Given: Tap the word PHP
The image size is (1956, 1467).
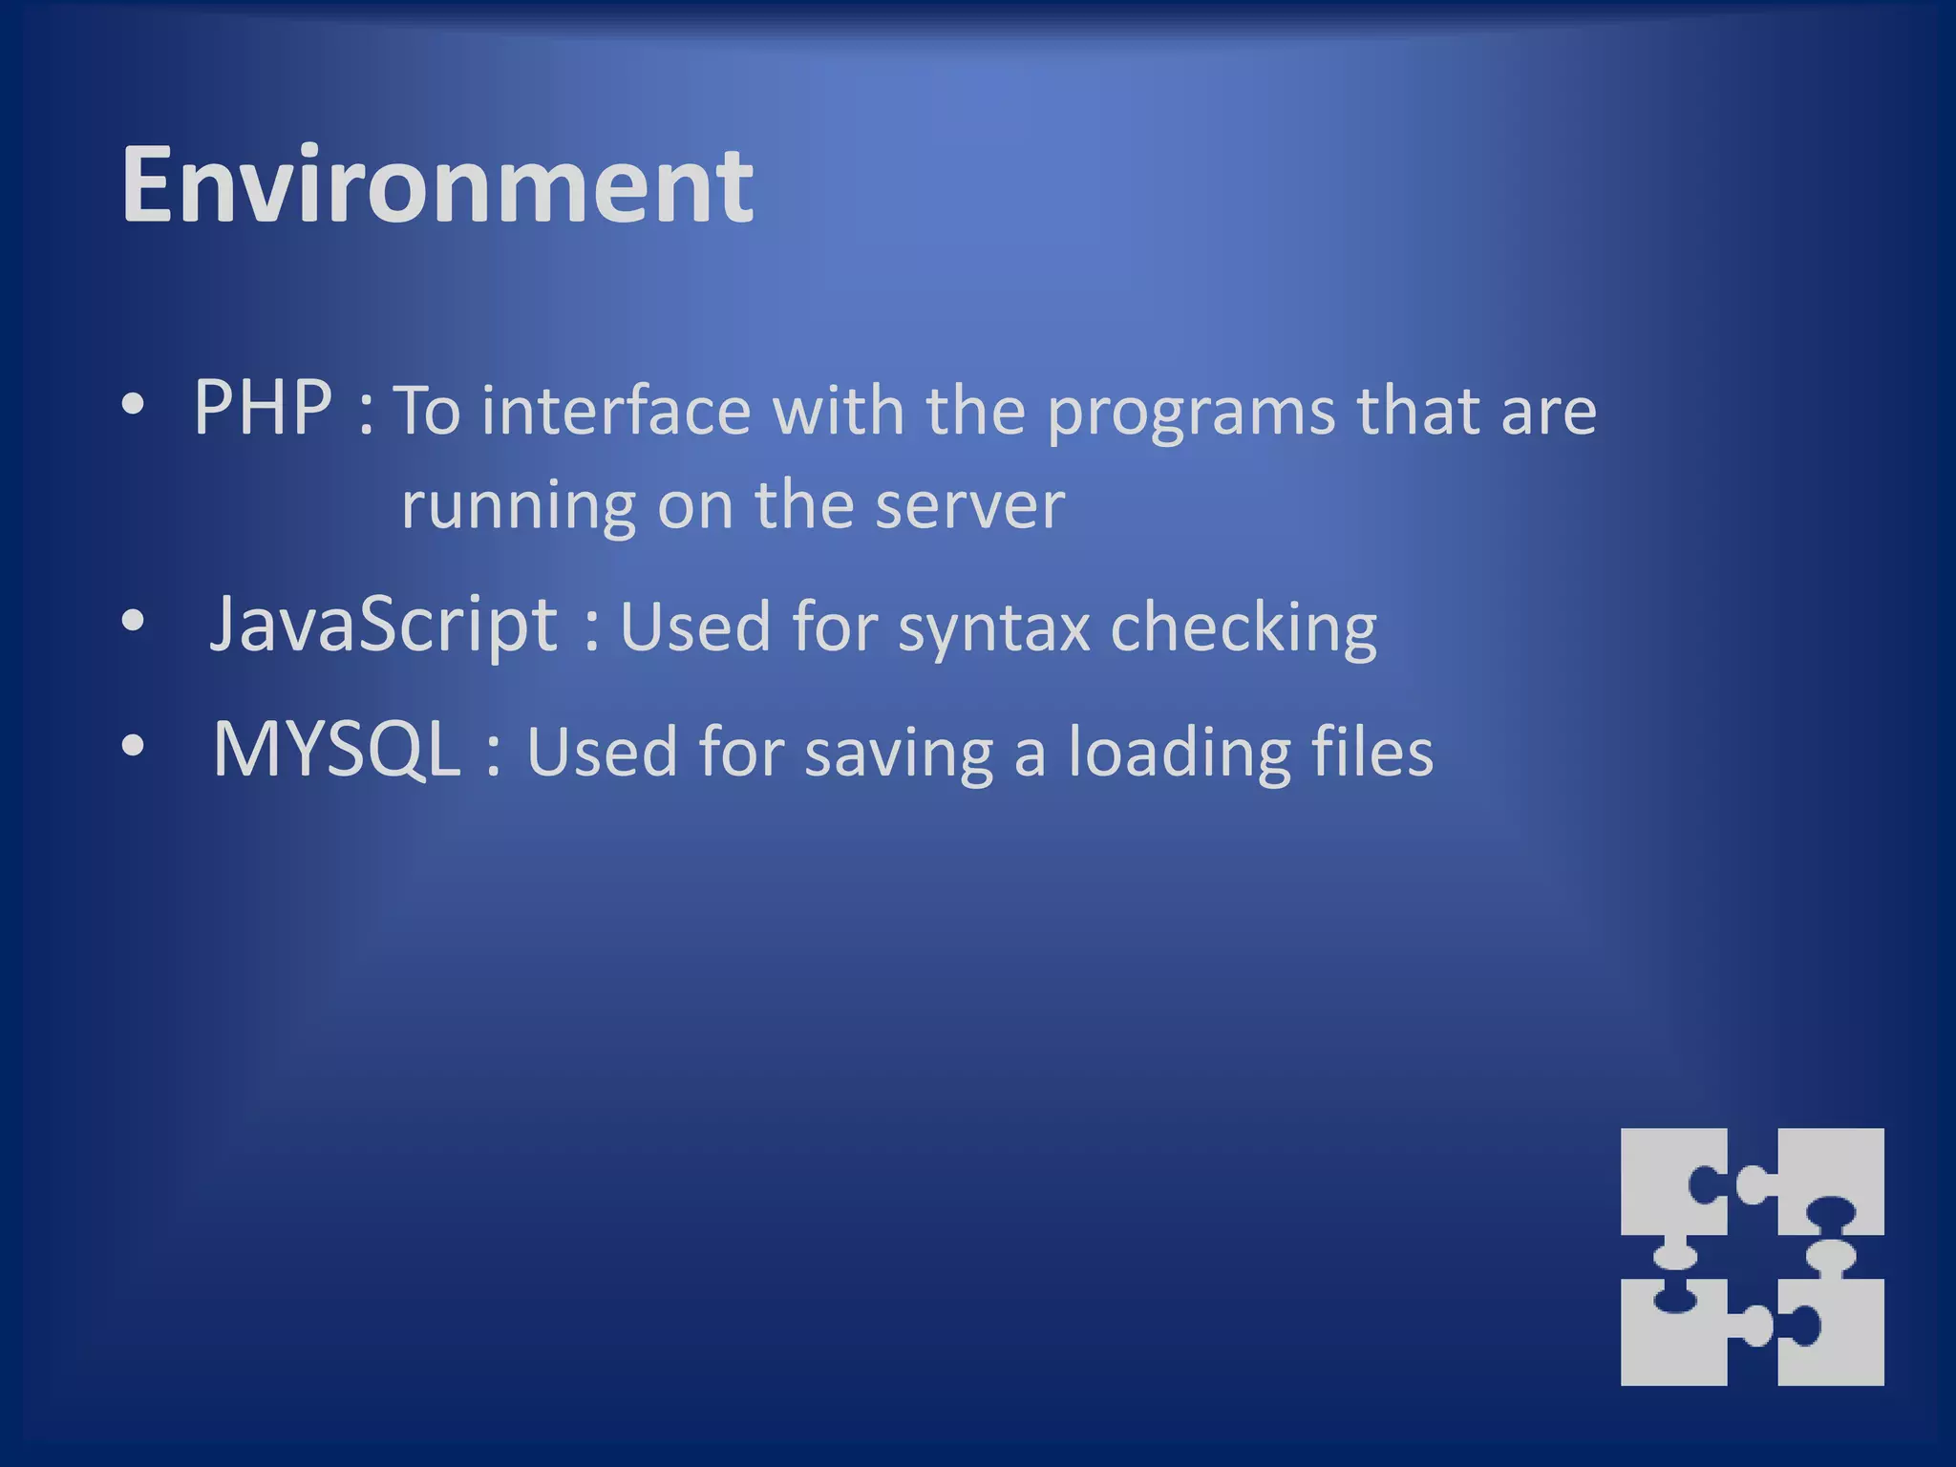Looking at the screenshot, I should coord(263,408).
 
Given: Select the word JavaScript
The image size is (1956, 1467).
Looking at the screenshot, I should coord(383,626).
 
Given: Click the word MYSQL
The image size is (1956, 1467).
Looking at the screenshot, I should coord(337,750).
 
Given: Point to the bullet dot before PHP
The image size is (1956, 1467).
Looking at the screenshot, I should coord(134,405).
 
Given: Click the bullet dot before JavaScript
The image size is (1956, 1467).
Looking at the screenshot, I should coord(134,622).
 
